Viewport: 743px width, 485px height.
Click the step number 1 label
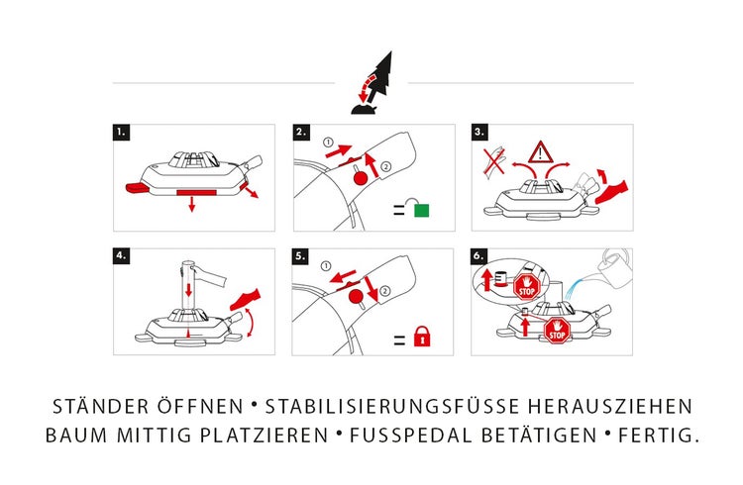coord(121,132)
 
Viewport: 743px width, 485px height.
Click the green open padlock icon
coord(422,210)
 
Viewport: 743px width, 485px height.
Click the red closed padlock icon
coord(422,339)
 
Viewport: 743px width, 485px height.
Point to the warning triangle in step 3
coord(541,152)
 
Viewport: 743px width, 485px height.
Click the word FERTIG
coord(655,436)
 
